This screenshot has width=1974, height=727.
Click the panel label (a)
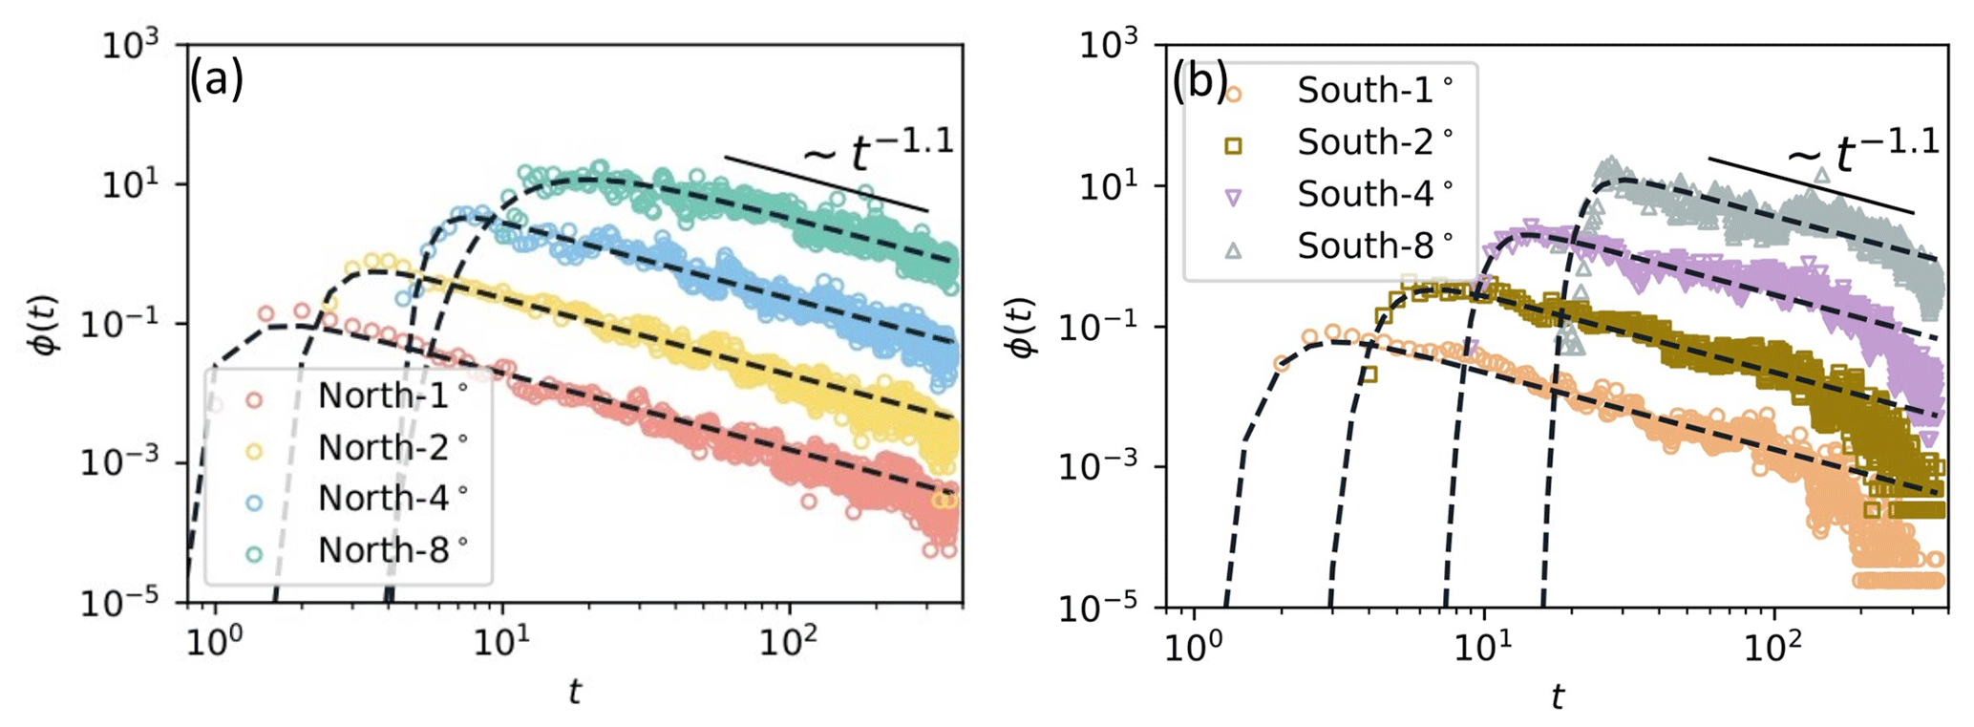point(216,79)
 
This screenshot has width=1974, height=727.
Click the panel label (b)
point(1199,82)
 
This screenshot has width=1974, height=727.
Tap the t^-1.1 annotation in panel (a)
point(879,150)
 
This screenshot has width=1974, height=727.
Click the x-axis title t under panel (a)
point(574,692)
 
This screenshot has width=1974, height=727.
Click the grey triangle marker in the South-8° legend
point(1233,249)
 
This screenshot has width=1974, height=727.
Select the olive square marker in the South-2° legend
point(1233,146)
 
